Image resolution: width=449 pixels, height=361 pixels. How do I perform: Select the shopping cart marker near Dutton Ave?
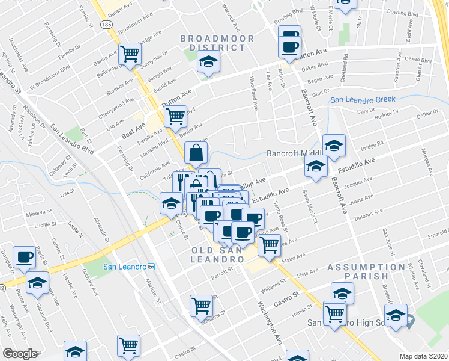click(175, 116)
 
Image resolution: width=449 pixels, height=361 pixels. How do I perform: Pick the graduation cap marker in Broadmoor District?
click(208, 62)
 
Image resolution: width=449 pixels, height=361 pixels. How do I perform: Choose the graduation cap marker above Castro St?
click(342, 293)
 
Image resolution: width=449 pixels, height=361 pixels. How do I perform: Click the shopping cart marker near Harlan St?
click(334, 312)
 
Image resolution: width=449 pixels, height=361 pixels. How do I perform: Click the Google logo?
click(20, 354)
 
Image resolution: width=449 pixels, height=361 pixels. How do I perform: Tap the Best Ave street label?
click(133, 129)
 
